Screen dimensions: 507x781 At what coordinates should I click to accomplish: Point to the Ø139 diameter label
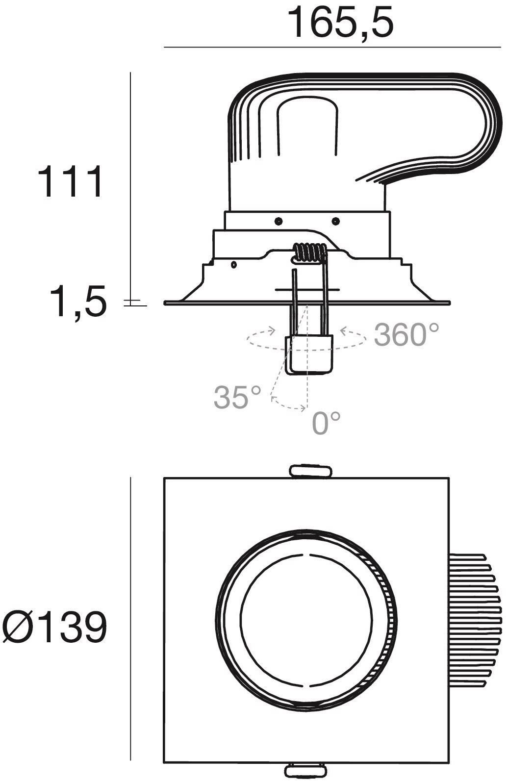tap(54, 626)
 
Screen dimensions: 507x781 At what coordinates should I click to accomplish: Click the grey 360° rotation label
tap(406, 334)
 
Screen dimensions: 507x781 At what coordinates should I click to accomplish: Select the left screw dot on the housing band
tap(278, 221)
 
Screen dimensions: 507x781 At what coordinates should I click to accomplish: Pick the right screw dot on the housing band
tap(336, 221)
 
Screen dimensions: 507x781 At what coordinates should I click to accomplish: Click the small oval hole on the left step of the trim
tap(233, 265)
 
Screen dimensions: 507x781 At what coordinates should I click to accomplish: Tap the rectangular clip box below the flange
tap(309, 354)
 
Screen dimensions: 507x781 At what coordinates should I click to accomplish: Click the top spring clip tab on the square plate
tap(311, 470)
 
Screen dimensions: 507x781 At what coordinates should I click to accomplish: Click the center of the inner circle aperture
tap(306, 620)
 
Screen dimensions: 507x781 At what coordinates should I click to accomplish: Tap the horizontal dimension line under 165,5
tap(332, 47)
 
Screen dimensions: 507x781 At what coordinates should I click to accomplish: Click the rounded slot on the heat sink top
tap(307, 126)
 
